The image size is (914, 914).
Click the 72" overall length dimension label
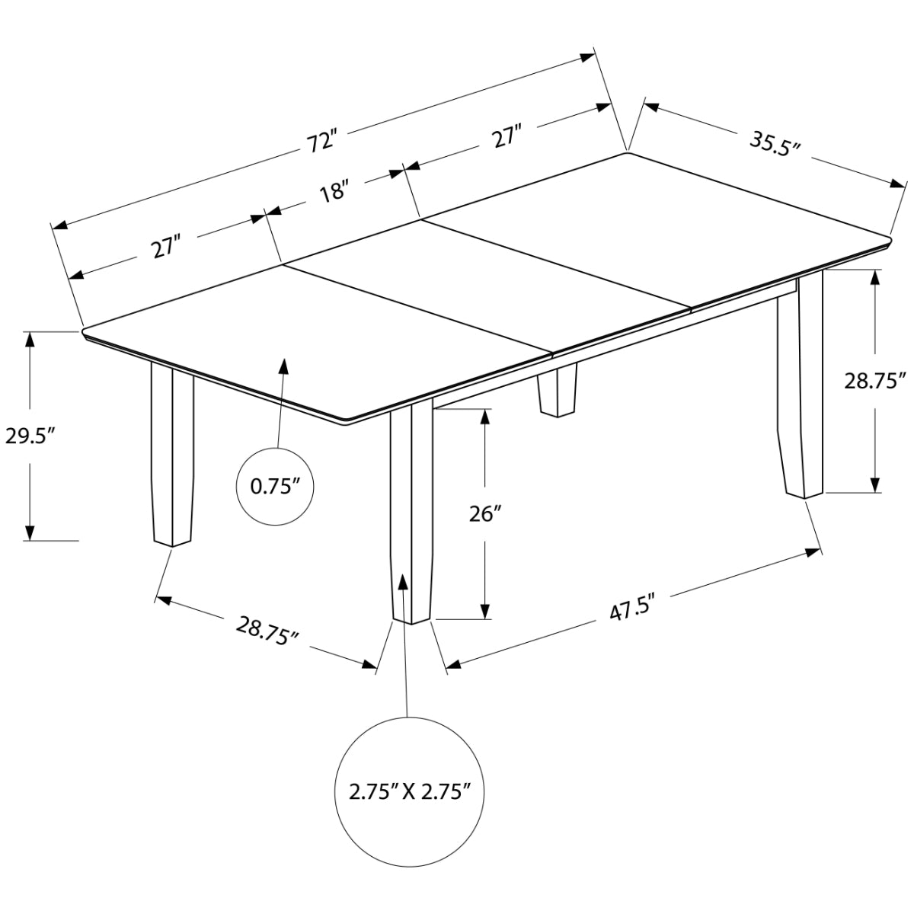tap(321, 142)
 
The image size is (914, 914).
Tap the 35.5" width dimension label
tap(775, 143)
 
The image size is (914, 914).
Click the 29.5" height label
tap(30, 436)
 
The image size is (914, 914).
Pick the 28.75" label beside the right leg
tap(872, 381)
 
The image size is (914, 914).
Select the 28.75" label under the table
tap(267, 631)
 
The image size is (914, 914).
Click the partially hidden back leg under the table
tap(558, 390)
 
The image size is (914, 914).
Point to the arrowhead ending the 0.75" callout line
tap(284, 366)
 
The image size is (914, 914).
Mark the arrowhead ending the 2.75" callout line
tap(403, 582)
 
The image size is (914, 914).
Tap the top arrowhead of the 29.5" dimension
tap(30, 340)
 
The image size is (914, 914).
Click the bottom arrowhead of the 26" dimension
tap(484, 611)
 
